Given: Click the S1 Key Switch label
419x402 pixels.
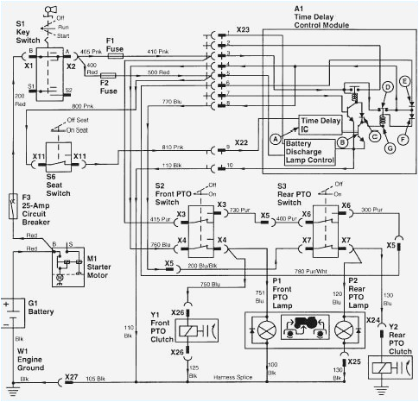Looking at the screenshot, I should (20, 33).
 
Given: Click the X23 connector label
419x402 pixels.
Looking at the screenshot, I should (243, 31).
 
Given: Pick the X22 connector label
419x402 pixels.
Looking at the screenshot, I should (242, 142).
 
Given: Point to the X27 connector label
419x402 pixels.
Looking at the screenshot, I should (73, 378).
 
